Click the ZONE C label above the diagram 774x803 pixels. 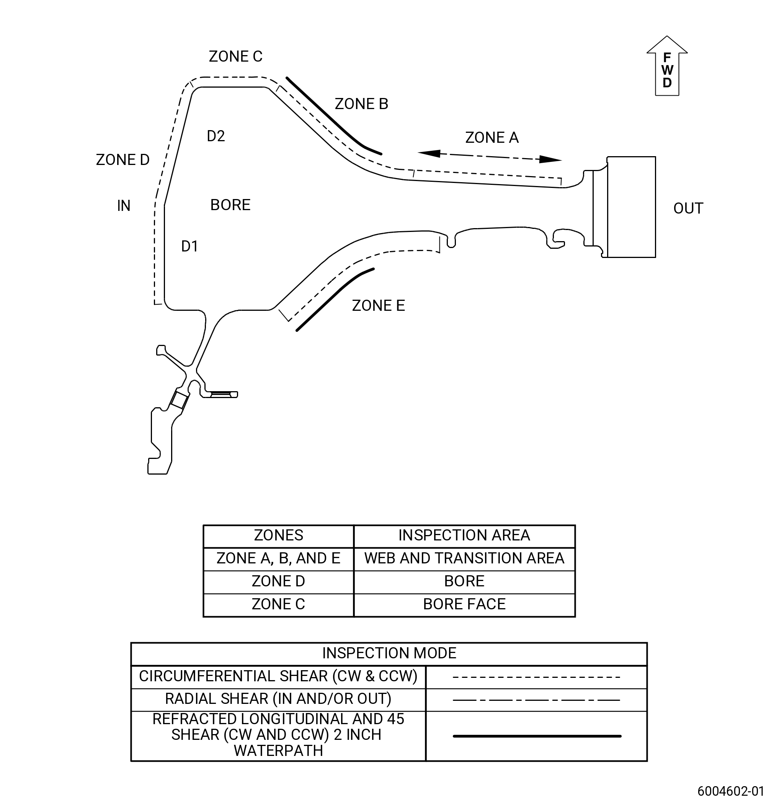point(235,56)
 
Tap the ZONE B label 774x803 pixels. point(361,104)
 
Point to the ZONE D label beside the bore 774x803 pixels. point(122,159)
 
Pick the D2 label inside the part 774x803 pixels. point(216,135)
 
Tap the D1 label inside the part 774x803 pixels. point(190,246)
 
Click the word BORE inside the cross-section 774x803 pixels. point(230,204)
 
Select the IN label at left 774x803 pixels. point(124,205)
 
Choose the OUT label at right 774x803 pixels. point(688,208)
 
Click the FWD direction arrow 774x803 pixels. point(667,65)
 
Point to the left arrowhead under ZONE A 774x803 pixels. point(429,153)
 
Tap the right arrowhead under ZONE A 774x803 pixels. point(550,159)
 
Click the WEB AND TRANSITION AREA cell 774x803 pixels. point(464,558)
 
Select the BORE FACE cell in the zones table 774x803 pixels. point(464,604)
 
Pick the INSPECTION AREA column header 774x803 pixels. point(464,535)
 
